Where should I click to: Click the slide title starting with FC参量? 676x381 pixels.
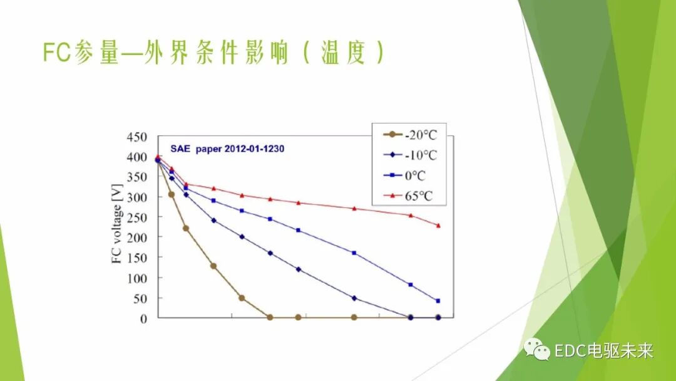pos(213,53)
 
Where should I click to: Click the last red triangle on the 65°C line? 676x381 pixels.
pos(438,225)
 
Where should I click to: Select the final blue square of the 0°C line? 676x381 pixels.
pos(438,301)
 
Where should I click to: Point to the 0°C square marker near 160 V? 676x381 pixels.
pos(354,253)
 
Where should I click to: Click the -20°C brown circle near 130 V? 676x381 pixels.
pos(213,266)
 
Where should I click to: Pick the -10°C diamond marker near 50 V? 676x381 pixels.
pos(354,298)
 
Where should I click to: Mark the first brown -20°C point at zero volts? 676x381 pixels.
pos(270,318)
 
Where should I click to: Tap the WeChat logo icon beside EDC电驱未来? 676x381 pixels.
pos(535,349)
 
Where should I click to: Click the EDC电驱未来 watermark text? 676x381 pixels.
pos(603,350)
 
